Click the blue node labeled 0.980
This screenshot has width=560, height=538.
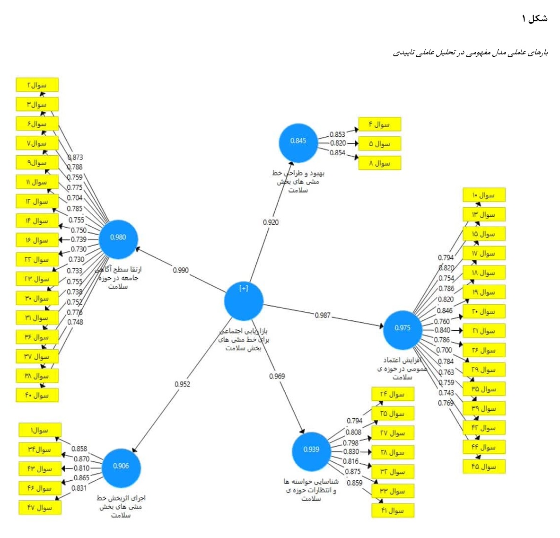click(118, 239)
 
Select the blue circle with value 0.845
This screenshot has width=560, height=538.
click(298, 142)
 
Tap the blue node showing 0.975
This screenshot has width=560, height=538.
click(402, 329)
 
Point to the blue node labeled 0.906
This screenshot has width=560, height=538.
click(121, 467)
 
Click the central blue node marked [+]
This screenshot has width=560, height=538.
click(244, 300)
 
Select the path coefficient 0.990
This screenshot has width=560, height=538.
click(181, 270)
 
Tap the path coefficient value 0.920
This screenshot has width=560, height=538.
click(271, 222)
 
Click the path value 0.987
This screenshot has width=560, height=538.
click(323, 315)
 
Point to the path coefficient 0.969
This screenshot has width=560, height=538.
click(277, 376)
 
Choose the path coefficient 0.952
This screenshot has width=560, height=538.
click(182, 384)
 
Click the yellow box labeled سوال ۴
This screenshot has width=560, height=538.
click(379, 124)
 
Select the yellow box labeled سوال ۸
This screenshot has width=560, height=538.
click(379, 163)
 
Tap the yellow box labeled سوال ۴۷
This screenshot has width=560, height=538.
click(40, 508)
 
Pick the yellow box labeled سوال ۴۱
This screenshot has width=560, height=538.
click(393, 511)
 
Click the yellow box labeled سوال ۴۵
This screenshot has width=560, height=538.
click(484, 467)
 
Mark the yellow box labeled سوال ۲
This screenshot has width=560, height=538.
click(37, 85)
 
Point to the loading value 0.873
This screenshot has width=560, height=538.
click(75, 157)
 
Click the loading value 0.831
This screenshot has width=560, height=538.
click(79, 488)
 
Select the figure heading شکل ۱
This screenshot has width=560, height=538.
click(534, 18)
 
